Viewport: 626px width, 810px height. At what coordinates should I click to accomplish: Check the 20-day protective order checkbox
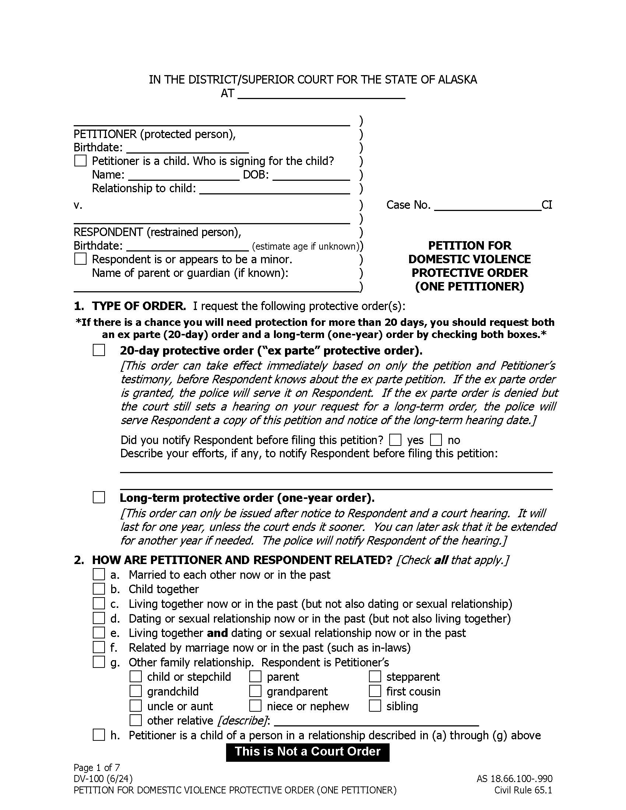coord(99,350)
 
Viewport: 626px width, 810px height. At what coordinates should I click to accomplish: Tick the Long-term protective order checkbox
coord(99,497)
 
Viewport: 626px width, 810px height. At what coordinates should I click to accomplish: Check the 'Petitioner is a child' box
coord(81,161)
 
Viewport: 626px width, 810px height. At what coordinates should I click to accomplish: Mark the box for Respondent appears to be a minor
coord(81,258)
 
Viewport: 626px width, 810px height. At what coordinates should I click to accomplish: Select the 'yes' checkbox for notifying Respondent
coord(395,440)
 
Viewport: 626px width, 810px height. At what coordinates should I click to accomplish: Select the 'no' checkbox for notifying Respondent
coord(436,440)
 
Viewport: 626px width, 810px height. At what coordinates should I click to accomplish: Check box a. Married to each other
coord(99,574)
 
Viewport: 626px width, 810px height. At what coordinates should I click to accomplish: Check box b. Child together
coord(99,589)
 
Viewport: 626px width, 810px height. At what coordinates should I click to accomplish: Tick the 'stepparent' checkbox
coord(375,676)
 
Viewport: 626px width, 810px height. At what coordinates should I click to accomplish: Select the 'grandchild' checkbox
coord(136,691)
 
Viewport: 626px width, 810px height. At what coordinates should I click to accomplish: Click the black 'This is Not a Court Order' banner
coord(307,751)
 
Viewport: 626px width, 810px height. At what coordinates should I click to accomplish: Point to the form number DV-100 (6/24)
coord(103,778)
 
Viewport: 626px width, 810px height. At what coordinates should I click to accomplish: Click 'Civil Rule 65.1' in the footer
coord(523,790)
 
